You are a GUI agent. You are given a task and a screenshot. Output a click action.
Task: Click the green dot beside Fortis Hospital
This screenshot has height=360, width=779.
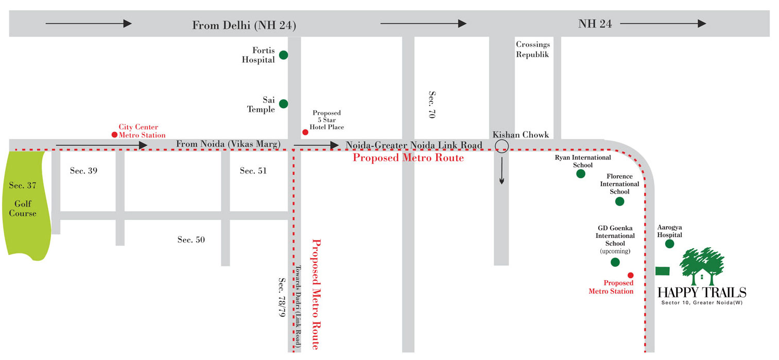(283, 55)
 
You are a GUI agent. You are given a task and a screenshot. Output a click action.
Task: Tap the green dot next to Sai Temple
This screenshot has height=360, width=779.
(283, 104)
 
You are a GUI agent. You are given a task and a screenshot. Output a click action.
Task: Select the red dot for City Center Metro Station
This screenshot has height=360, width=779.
(114, 135)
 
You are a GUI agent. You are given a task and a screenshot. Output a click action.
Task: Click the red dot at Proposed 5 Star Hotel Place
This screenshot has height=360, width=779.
(305, 132)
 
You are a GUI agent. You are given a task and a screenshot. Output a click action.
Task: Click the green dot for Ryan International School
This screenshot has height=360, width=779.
(581, 174)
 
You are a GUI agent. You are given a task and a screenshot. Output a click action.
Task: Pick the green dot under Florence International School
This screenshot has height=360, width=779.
(619, 201)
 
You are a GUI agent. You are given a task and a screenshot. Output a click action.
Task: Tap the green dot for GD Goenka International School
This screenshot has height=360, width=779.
(615, 262)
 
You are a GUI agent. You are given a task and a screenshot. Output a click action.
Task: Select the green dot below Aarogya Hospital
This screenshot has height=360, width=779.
(669, 244)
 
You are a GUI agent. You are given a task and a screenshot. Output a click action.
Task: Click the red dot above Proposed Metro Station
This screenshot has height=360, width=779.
(631, 275)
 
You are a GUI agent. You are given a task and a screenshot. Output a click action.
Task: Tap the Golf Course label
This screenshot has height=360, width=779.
(23, 209)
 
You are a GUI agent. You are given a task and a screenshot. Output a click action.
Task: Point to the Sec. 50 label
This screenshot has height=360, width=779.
(191, 239)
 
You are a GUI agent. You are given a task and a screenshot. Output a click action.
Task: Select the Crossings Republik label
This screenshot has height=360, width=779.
(533, 49)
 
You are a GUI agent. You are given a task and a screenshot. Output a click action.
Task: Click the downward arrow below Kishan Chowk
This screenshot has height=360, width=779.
(501, 172)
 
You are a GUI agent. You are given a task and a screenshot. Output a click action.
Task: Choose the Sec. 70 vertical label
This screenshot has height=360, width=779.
(432, 106)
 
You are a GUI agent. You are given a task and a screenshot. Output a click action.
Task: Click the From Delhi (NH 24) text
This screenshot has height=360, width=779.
(244, 25)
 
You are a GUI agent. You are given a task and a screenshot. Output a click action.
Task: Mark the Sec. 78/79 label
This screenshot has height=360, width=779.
(282, 297)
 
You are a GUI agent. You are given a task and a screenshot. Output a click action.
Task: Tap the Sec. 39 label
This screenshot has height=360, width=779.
(83, 171)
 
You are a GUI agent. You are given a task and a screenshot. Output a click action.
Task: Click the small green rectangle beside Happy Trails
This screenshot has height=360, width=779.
(663, 271)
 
